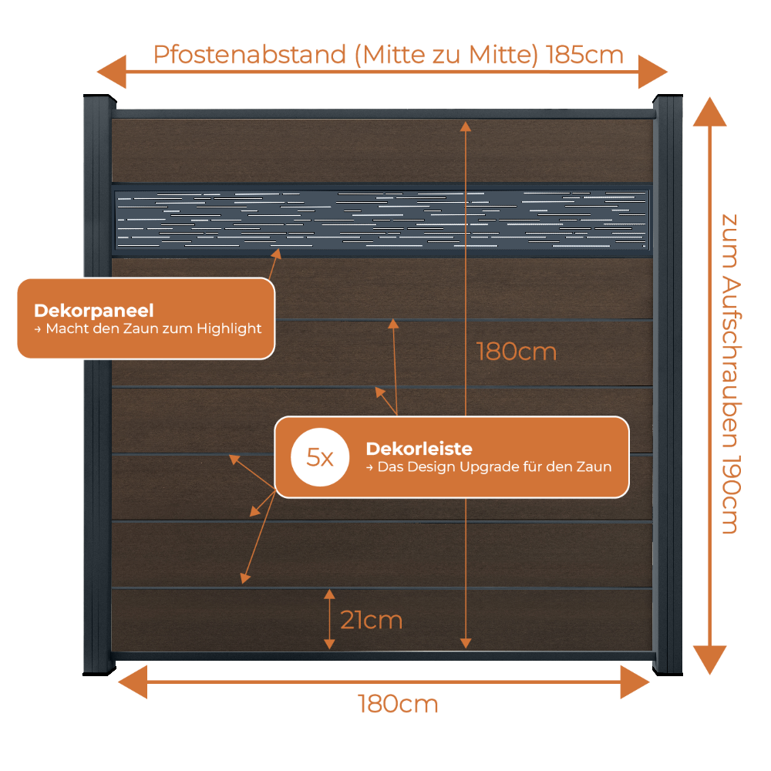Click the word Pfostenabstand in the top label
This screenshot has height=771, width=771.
[250, 55]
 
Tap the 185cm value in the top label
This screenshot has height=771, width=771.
[584, 55]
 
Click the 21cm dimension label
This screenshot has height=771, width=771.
[372, 620]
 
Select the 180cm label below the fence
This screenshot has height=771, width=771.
[398, 704]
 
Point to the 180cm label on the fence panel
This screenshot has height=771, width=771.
[517, 352]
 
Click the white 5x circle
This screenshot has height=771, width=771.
[320, 457]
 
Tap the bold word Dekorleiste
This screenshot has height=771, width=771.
[419, 449]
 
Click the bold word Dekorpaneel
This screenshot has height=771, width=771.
[94, 311]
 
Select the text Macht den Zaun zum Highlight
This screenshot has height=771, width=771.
[153, 328]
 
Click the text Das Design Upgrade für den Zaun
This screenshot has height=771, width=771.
[494, 466]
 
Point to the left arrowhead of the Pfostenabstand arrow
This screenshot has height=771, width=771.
[112, 72]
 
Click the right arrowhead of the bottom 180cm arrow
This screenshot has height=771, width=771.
[635, 682]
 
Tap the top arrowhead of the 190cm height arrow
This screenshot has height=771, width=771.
[709, 112]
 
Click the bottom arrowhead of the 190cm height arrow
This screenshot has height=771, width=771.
[709, 660]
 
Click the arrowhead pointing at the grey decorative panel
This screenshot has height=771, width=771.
[277, 254]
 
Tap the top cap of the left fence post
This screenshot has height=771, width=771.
[99, 99]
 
